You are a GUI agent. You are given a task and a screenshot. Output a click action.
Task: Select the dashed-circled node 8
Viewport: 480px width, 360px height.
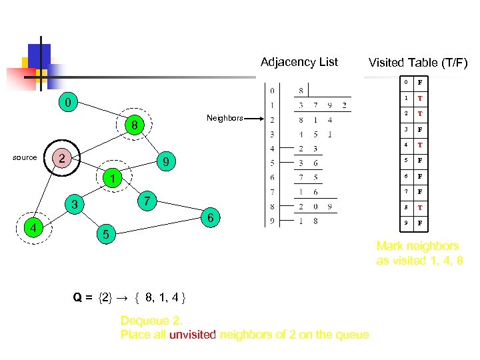tap(134, 125)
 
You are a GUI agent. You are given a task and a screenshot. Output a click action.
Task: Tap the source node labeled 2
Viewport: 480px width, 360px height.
tap(61, 158)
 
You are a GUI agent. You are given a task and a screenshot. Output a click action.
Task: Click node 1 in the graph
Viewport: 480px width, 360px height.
tap(114, 179)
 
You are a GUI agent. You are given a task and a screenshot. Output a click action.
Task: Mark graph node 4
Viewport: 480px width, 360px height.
tap(31, 229)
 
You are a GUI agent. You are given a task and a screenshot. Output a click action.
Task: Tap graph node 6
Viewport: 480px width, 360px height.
tap(211, 218)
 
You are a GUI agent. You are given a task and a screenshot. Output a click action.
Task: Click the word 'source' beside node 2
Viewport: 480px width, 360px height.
tap(25, 158)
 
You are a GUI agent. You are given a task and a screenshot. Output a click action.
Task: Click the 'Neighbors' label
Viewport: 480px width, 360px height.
tap(225, 118)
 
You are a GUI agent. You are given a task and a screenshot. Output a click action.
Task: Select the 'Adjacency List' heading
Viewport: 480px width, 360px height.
tap(299, 62)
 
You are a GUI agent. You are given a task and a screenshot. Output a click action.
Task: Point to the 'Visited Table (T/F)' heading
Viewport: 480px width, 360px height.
tap(418, 63)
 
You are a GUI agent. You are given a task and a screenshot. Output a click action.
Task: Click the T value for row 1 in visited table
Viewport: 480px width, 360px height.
tap(420, 99)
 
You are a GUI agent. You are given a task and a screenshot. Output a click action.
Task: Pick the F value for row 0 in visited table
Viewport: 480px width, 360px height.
tap(420, 83)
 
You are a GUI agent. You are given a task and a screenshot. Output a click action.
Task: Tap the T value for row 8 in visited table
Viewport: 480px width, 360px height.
tap(420, 207)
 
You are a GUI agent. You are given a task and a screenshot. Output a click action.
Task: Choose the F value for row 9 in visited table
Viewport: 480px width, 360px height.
tap(420, 223)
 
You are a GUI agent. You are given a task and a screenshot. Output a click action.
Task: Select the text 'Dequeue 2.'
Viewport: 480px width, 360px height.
tap(149, 321)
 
